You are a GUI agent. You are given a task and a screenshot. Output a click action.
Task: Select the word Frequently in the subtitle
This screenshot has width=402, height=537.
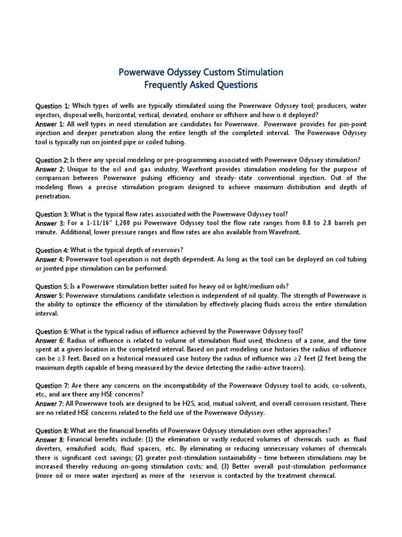coord(166,84)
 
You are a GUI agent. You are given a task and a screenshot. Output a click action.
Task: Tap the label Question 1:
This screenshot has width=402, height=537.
coord(52,106)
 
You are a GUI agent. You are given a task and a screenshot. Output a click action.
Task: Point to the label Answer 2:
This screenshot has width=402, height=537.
coord(50,169)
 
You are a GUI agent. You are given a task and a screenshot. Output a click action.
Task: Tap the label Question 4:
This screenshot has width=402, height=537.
coord(52,250)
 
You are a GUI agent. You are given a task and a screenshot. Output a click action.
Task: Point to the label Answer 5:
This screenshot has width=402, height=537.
coord(50,295)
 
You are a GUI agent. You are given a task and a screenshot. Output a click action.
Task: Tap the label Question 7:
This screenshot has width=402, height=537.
coord(52,385)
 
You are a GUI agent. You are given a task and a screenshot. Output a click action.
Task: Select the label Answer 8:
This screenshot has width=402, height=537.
coord(50,439)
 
